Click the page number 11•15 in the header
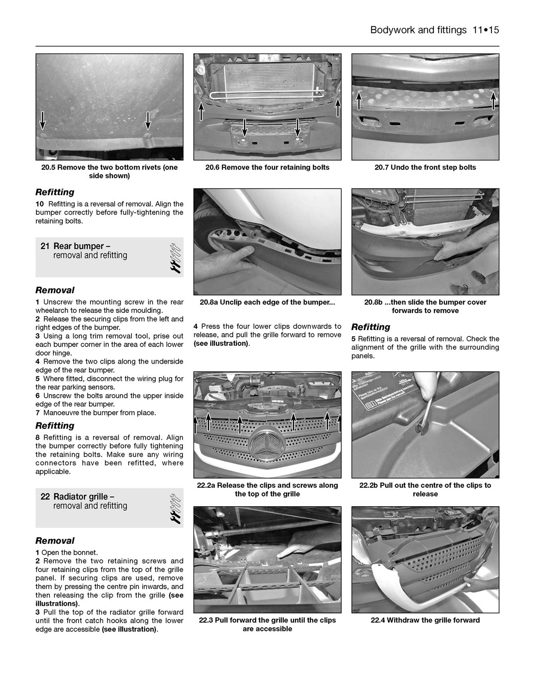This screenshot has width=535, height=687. pyautogui.click(x=485, y=30)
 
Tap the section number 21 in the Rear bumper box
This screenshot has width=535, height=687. pyautogui.click(x=44, y=246)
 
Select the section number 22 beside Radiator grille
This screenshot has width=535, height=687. pyautogui.click(x=45, y=497)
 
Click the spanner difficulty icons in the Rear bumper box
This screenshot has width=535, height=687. pyautogui.click(x=175, y=257)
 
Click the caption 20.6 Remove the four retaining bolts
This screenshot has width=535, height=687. pyautogui.click(x=267, y=167)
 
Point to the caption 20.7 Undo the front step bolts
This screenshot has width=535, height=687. pyautogui.click(x=425, y=167)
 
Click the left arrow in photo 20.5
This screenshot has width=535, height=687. pyautogui.click(x=42, y=120)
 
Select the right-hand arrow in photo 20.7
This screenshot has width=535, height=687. pyautogui.click(x=493, y=100)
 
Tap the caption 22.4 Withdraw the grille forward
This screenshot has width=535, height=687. pyautogui.click(x=425, y=620)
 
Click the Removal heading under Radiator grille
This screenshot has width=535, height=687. pyautogui.click(x=55, y=541)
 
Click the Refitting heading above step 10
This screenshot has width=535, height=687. pyautogui.click(x=55, y=192)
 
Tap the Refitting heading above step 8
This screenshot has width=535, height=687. pyautogui.click(x=55, y=426)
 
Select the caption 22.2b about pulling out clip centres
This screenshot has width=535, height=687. pyautogui.click(x=425, y=489)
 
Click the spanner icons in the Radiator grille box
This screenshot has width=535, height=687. pyautogui.click(x=175, y=508)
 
